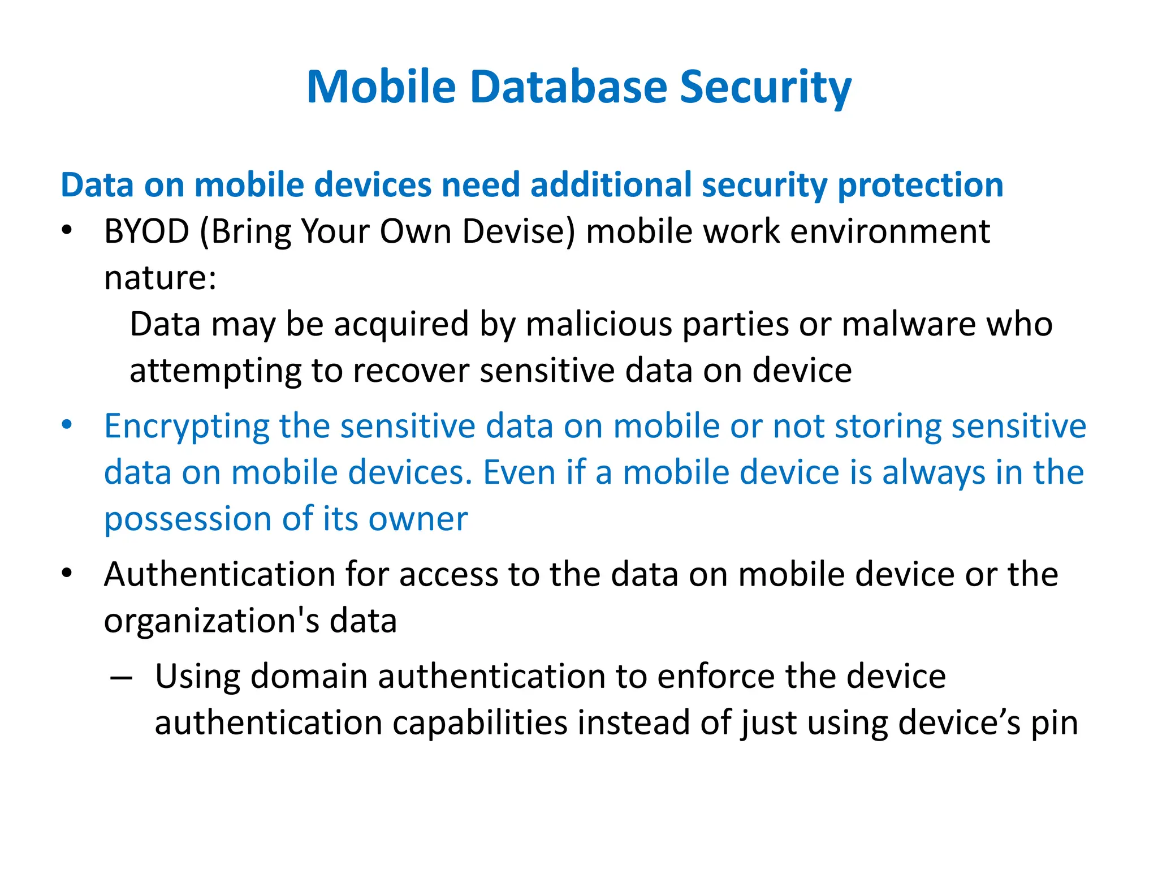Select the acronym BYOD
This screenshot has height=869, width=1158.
[146, 231]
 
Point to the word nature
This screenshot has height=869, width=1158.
[160, 278]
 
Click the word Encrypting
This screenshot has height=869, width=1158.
[187, 426]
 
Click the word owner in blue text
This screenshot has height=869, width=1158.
[418, 519]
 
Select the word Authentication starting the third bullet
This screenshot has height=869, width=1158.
[219, 574]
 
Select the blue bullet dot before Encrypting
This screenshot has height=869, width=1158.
[67, 425]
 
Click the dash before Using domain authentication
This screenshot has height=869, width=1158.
[121, 677]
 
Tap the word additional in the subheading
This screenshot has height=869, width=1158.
[611, 185]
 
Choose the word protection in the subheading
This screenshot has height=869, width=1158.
[920, 185]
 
